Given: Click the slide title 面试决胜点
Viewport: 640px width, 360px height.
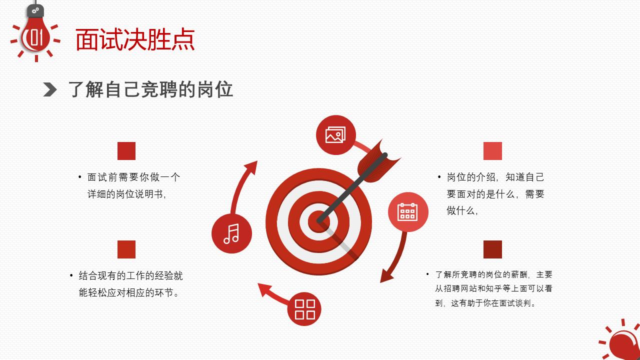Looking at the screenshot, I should (135, 40).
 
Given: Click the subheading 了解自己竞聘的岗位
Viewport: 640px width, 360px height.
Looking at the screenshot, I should (150, 90).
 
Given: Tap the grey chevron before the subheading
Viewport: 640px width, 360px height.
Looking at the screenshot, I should (50, 90).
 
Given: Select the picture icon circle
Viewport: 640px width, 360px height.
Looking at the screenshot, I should (335, 135).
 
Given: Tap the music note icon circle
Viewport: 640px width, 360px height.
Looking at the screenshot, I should (231, 233).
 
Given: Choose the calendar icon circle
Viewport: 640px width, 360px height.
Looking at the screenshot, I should (408, 212).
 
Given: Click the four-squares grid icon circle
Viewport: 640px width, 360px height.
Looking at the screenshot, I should (304, 309).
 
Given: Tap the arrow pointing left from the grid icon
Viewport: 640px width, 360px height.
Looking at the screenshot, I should (272, 293).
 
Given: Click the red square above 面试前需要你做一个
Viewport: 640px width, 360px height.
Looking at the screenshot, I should (126, 151).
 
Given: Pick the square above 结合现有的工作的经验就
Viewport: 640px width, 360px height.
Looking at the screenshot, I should (126, 249).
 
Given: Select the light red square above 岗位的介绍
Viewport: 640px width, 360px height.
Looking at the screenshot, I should (492, 151).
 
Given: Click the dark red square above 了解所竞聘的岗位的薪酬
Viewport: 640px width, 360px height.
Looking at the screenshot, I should (492, 249).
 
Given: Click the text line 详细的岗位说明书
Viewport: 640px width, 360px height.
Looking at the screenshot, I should (126, 194).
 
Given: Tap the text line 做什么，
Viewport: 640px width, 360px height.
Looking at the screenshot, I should (462, 211).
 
